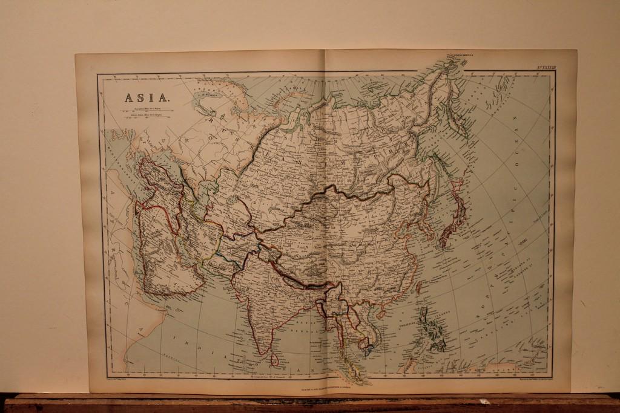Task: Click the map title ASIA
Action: (147, 97)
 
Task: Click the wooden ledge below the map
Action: (310, 403)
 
